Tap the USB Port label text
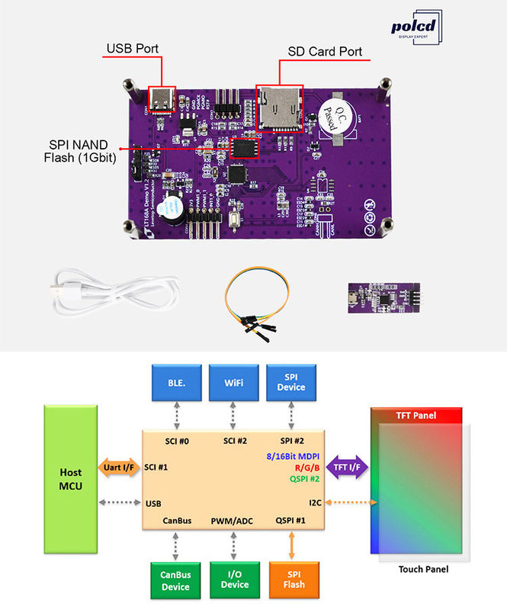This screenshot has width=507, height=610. (132, 49)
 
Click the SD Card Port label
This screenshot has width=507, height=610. (325, 53)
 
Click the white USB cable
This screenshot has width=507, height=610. (114, 293)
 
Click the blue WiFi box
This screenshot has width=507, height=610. (234, 382)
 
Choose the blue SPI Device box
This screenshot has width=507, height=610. (291, 382)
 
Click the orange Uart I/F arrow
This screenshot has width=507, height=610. (117, 466)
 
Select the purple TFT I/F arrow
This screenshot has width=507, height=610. (348, 466)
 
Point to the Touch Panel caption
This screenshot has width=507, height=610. (423, 569)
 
